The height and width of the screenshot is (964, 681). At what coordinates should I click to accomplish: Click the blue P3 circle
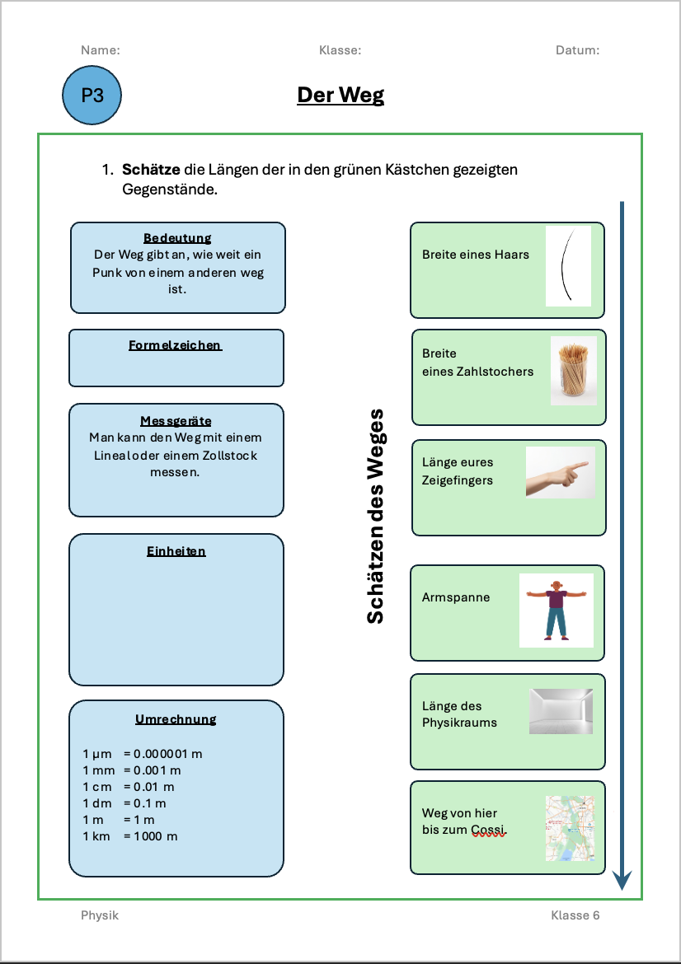click(92, 96)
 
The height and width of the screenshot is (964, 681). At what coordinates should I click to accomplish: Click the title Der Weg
click(340, 96)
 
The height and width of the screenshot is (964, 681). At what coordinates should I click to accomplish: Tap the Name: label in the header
click(101, 50)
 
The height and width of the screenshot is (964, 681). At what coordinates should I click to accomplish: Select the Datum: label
click(577, 50)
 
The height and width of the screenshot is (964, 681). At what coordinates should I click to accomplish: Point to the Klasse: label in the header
click(340, 50)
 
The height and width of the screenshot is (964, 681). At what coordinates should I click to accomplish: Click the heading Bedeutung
click(177, 238)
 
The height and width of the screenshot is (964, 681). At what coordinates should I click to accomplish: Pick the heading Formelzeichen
click(176, 345)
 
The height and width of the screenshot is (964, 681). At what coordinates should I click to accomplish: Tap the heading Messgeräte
click(176, 421)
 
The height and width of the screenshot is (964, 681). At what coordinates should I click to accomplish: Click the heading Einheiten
click(176, 551)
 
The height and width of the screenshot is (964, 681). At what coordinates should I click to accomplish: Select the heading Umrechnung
click(176, 719)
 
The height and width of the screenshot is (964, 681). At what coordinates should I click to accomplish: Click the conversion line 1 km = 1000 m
click(130, 836)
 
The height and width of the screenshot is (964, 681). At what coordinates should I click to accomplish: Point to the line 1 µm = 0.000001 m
click(143, 753)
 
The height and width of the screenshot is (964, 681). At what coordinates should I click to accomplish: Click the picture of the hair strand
click(568, 266)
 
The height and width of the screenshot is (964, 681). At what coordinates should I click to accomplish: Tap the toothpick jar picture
click(574, 370)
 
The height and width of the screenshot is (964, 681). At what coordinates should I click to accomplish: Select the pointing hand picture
click(561, 472)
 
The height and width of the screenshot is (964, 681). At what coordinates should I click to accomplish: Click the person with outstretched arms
click(556, 610)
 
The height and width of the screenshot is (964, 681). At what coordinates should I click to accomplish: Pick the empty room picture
click(561, 711)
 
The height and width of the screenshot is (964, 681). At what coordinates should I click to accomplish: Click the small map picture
click(570, 828)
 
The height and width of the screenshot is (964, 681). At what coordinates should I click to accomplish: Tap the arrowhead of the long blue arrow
click(622, 881)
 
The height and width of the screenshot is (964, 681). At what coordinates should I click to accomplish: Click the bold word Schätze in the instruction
click(151, 170)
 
